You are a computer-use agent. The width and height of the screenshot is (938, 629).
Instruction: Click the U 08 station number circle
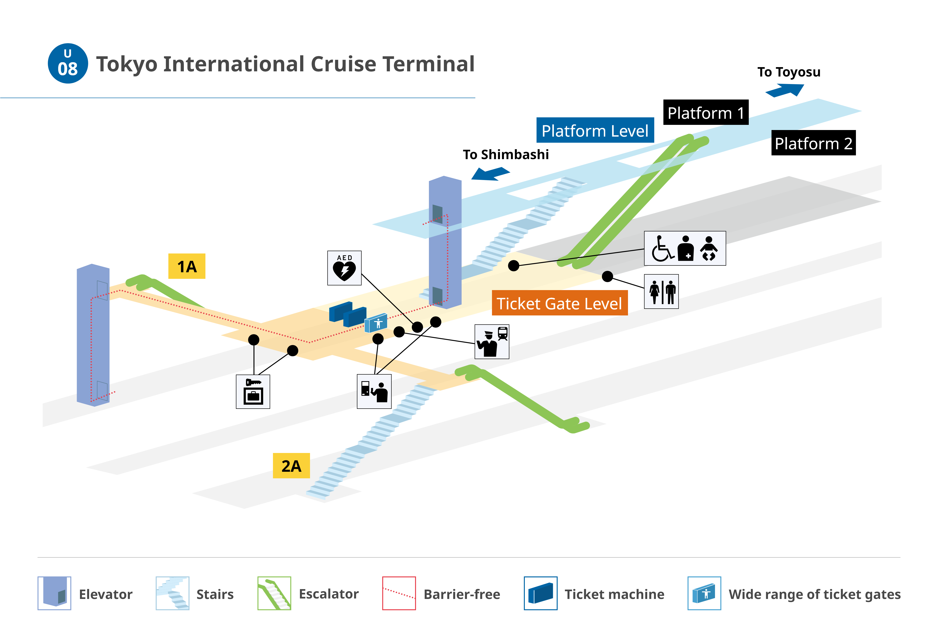pyautogui.click(x=68, y=63)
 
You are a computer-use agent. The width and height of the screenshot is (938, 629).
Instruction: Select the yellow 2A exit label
pyautogui.click(x=291, y=466)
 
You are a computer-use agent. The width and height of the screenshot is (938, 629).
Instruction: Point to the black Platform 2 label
pyautogui.click(x=813, y=143)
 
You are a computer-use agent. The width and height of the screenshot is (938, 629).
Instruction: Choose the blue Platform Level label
pyautogui.click(x=595, y=130)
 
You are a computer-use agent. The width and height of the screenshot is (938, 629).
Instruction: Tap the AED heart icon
pyautogui.click(x=344, y=268)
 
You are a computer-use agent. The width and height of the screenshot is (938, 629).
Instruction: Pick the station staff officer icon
pyautogui.click(x=492, y=342)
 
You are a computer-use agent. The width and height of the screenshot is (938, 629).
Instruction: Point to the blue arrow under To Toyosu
pyautogui.click(x=785, y=90)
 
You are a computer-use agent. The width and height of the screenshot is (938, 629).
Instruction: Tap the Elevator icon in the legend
pyautogui.click(x=54, y=593)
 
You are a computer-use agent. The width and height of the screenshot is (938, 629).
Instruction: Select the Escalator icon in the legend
pyautogui.click(x=274, y=593)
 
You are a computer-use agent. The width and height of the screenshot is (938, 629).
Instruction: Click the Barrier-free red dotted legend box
pyautogui.click(x=399, y=593)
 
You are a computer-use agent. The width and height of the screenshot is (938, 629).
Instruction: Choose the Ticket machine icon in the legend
pyautogui.click(x=541, y=593)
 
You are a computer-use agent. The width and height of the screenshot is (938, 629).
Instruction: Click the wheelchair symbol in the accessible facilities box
pyautogui.click(x=662, y=248)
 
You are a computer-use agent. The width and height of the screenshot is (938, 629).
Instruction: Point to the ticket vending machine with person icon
pyautogui.click(x=374, y=391)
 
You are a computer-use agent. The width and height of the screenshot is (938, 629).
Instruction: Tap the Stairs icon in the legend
pyautogui.click(x=172, y=593)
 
